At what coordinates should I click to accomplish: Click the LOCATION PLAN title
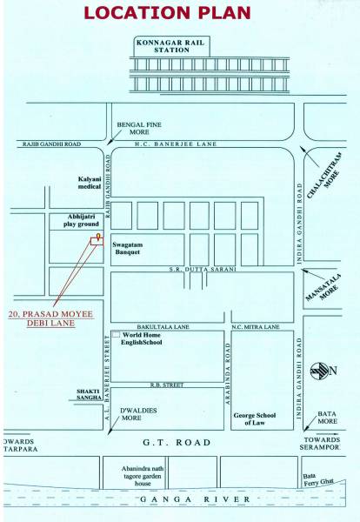179,13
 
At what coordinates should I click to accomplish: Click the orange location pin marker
98,236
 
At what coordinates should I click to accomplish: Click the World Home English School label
143,338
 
